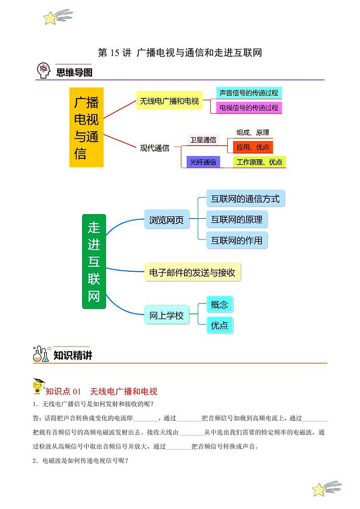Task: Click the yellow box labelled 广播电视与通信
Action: (x=86, y=127)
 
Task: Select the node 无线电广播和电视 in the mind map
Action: (x=170, y=101)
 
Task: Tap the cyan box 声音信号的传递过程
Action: (x=248, y=93)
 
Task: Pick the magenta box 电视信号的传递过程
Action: (x=248, y=108)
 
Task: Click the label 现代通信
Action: (x=155, y=148)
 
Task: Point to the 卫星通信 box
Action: (x=203, y=140)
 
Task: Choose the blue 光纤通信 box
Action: (x=203, y=162)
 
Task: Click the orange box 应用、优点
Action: (x=253, y=147)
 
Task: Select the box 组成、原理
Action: (x=253, y=132)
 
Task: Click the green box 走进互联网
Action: (x=94, y=262)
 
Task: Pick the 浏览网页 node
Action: (x=166, y=220)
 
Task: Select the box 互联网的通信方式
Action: (x=245, y=199)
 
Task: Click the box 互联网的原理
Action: (x=237, y=220)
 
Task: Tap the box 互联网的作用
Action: (x=237, y=240)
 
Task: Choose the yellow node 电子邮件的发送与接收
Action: (x=192, y=272)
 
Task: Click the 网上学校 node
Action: (x=166, y=315)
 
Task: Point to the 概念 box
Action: (x=219, y=305)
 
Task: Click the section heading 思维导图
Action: (x=74, y=72)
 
